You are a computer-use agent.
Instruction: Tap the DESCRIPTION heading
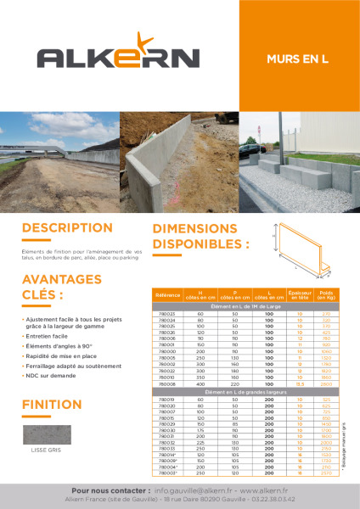(x=67, y=228)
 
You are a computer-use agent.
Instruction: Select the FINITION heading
(x=52, y=404)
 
